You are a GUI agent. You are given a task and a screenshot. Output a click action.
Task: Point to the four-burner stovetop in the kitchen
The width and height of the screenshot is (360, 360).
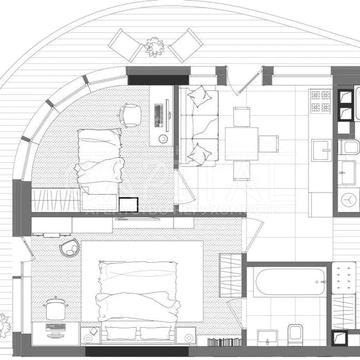click(320, 101)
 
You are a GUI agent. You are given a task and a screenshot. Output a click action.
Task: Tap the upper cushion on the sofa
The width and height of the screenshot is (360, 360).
click(199, 98)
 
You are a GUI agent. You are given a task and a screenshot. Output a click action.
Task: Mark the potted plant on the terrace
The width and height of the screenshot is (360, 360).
click(153, 45)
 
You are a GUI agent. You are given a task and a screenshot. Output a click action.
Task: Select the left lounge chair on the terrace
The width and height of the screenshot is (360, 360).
click(127, 45)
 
